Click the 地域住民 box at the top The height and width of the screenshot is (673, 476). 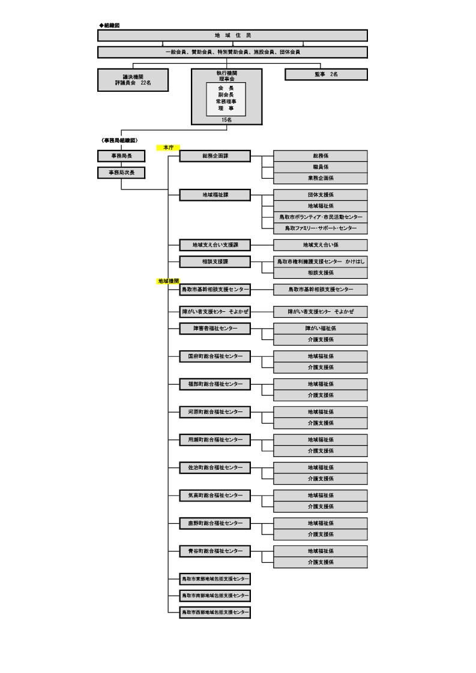(x=232, y=35)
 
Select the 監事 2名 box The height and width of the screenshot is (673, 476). (x=326, y=74)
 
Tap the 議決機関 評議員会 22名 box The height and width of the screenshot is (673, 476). (x=133, y=80)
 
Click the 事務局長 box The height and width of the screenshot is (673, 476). (x=121, y=156)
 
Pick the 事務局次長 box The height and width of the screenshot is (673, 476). (x=121, y=173)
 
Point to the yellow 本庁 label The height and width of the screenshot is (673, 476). (x=168, y=147)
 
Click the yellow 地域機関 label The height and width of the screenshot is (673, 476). (x=168, y=281)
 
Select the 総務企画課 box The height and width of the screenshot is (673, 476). (x=215, y=156)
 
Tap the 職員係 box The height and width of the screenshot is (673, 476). (x=321, y=167)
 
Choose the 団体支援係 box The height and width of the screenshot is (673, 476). (x=321, y=195)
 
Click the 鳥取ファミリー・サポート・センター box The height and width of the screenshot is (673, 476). (x=321, y=228)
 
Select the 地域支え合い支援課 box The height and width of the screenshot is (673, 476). (x=215, y=245)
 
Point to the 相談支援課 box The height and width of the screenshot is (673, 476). (x=215, y=262)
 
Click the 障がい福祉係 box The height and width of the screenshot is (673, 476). (x=321, y=328)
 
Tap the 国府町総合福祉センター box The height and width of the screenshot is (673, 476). (x=215, y=356)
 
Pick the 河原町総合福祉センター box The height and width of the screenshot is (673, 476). (x=215, y=412)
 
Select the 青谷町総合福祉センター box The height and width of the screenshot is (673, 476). (x=215, y=551)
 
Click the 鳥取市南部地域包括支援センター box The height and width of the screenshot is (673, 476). (x=215, y=596)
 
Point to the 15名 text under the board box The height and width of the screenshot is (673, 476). (x=226, y=120)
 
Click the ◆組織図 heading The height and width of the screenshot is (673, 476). (x=110, y=25)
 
